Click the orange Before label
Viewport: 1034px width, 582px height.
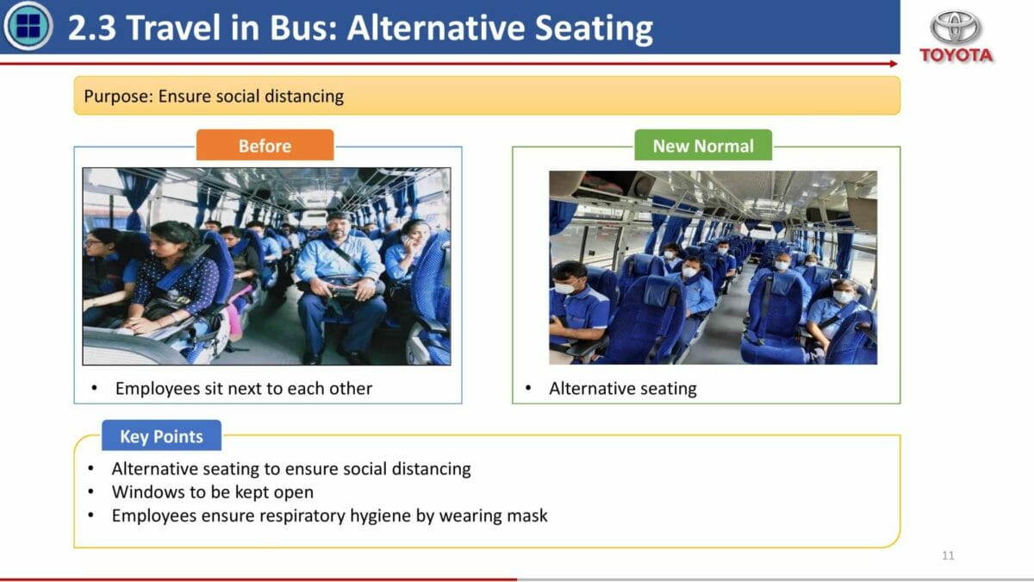click(265, 146)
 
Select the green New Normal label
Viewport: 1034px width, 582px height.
click(703, 146)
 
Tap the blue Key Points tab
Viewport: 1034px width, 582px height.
click(162, 435)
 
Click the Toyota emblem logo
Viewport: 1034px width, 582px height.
click(955, 28)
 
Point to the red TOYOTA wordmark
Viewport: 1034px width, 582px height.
click(956, 55)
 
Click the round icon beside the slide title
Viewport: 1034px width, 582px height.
click(28, 26)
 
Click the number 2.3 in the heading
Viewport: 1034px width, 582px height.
click(92, 28)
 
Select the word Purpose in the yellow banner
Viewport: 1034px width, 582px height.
click(118, 97)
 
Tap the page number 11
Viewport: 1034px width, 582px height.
click(948, 555)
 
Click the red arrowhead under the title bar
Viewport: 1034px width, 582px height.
click(894, 64)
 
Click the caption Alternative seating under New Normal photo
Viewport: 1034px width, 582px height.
click(623, 389)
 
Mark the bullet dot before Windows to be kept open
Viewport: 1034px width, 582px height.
click(91, 492)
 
